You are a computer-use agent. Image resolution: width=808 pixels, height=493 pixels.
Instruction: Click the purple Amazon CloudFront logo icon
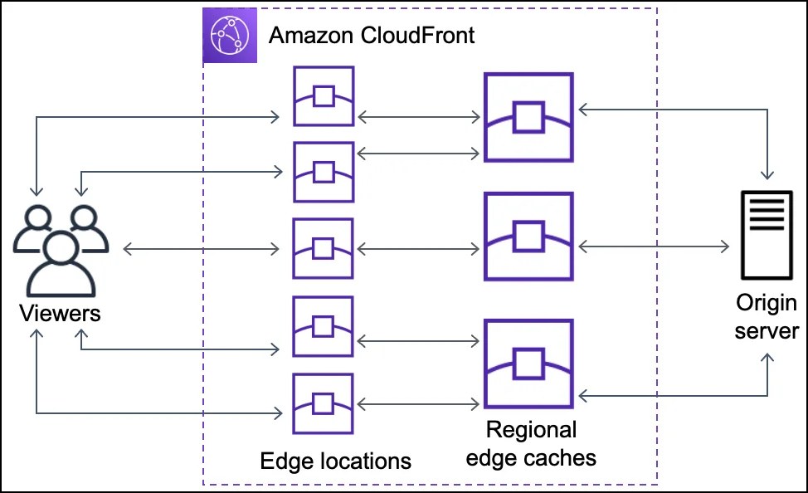(x=229, y=36)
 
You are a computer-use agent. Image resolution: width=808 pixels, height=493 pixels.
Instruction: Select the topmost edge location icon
(x=324, y=96)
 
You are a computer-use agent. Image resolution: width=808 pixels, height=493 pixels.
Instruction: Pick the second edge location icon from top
(x=324, y=172)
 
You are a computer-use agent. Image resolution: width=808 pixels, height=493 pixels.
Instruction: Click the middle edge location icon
(x=324, y=248)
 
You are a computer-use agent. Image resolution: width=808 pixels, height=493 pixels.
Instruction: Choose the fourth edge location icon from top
(x=324, y=326)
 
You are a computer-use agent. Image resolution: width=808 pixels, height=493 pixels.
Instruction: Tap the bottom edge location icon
(x=324, y=403)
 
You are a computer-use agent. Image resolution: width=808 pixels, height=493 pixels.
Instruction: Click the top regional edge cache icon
(x=528, y=117)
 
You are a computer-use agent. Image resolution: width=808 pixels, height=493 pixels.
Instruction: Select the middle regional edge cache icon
(x=528, y=237)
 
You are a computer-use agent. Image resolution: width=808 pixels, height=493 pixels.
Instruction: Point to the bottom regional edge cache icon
(x=528, y=364)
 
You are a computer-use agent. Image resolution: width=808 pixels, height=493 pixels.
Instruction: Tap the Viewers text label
(x=60, y=313)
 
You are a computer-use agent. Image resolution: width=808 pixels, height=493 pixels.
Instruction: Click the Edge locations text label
(x=335, y=460)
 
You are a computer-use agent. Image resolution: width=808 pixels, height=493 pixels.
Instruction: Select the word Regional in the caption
(x=531, y=430)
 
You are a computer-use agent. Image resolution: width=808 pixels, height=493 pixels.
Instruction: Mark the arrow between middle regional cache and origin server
(x=654, y=247)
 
